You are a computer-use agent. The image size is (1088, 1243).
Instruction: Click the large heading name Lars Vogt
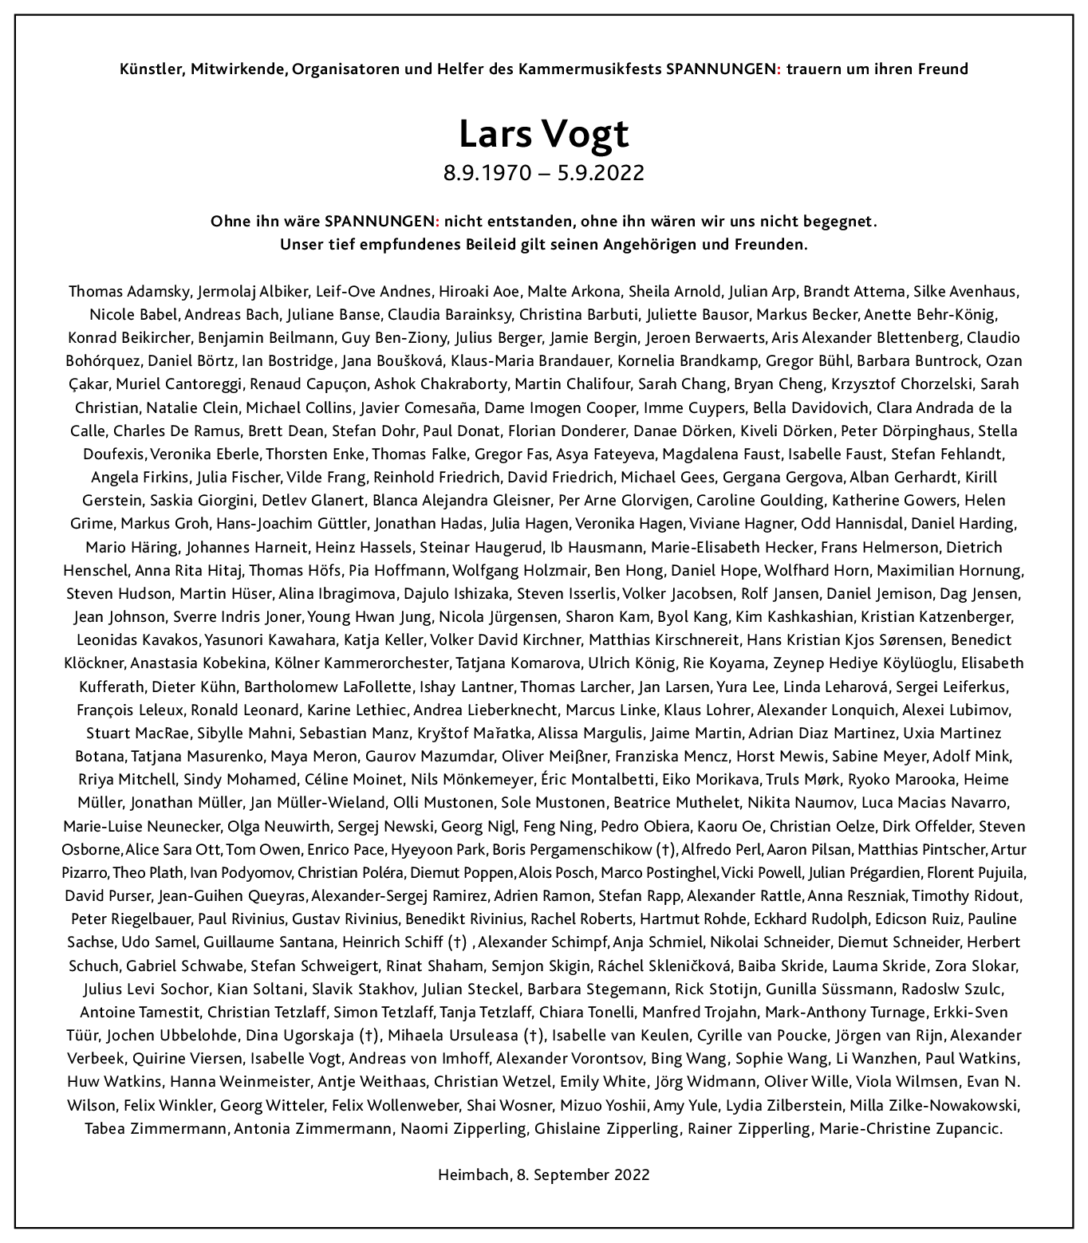[544, 134]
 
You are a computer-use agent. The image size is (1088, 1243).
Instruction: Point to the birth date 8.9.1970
[487, 172]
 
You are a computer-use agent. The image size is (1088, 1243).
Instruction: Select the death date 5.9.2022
[601, 172]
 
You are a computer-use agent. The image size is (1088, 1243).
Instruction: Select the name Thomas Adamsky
[129, 291]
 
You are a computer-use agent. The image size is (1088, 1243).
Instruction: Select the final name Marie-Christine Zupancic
[910, 1128]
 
